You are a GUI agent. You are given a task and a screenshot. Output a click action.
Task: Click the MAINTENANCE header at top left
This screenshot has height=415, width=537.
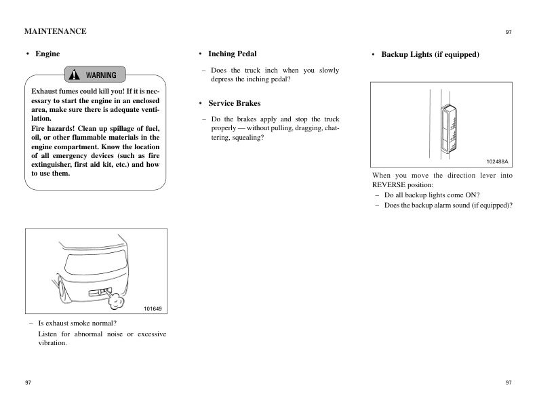click(55, 31)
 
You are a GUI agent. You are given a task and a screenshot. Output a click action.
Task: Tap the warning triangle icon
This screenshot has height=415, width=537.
click(75, 75)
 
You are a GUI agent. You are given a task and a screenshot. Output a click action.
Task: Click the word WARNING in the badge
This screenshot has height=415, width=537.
click(101, 75)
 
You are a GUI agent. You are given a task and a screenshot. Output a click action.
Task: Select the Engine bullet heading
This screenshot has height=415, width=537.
click(47, 54)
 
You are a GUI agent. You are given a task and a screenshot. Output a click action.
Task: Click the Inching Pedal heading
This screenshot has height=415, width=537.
click(232, 54)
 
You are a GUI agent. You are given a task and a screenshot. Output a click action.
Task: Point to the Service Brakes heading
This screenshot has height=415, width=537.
click(234, 104)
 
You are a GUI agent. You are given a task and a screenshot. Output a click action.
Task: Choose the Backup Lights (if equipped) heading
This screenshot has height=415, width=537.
click(430, 54)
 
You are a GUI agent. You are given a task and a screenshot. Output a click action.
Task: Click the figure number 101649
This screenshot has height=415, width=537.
click(153, 309)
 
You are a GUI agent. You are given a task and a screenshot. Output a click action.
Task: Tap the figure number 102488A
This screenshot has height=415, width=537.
click(497, 161)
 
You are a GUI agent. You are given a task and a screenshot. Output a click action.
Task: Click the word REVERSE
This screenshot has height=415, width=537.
click(388, 184)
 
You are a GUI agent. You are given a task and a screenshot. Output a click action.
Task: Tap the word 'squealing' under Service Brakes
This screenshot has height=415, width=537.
click(247, 138)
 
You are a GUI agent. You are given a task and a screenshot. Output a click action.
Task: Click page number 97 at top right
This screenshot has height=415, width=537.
click(509, 32)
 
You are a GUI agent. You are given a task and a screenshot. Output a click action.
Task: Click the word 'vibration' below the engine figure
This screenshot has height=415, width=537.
click(52, 343)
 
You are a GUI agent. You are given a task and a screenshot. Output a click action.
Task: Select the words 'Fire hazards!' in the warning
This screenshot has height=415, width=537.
click(56, 128)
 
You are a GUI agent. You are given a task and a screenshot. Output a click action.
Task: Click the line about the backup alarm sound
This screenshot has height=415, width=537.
click(448, 205)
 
